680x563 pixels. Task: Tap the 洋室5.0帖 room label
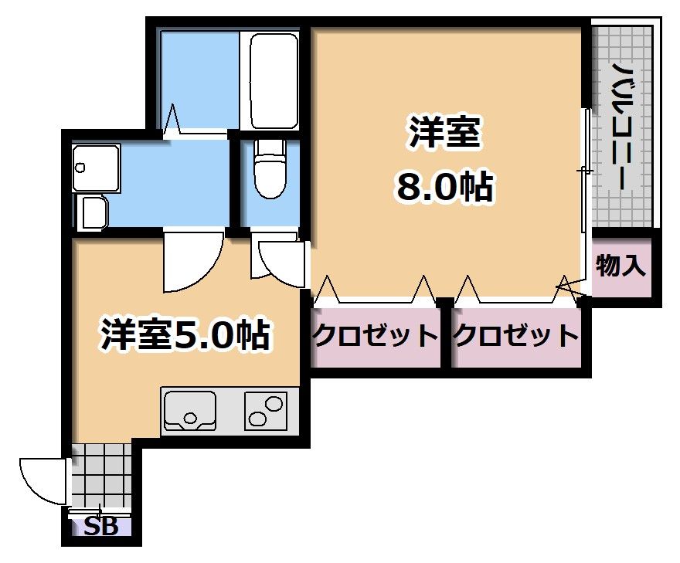pyautogui.click(x=185, y=334)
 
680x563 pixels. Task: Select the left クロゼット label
pyautogui.click(x=375, y=335)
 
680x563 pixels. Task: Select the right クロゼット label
pyautogui.click(x=515, y=335)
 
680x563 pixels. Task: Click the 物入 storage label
pyautogui.click(x=620, y=266)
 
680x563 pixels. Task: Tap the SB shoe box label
pyautogui.click(x=101, y=527)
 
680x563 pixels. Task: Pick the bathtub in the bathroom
pyautogui.click(x=269, y=80)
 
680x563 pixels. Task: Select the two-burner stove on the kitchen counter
pyautogui.click(x=266, y=410)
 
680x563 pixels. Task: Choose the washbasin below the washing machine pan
pyautogui.click(x=93, y=211)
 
